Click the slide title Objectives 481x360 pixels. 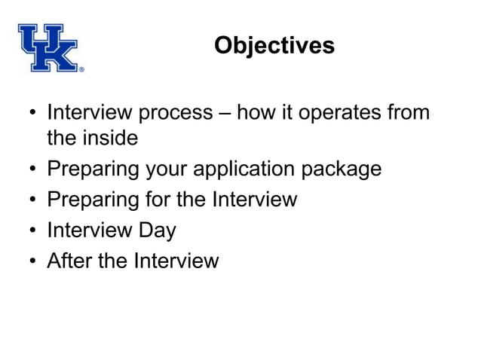coord(274,45)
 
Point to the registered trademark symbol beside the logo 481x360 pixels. coord(81,69)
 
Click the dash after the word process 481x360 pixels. coord(224,114)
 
